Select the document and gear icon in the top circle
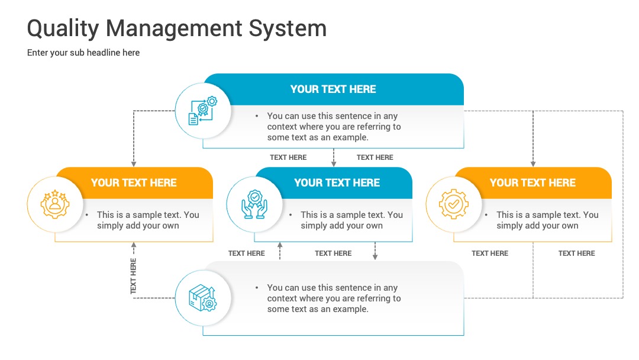[202, 111]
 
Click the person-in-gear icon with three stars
[55, 204]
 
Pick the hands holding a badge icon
[254, 204]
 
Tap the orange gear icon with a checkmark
[454, 204]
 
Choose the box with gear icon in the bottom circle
[202, 298]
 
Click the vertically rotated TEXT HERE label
[133, 276]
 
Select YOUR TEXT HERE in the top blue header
[333, 89]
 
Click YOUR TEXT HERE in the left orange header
[134, 182]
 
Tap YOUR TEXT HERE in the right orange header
[532, 182]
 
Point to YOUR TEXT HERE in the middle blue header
[337, 182]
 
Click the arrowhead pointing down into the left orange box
[134, 164]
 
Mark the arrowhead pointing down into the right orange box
[533, 164]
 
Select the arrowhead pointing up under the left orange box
[134, 245]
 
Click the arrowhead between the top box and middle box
[334, 164]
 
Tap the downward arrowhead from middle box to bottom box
[375, 257]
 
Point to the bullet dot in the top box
[257, 116]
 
